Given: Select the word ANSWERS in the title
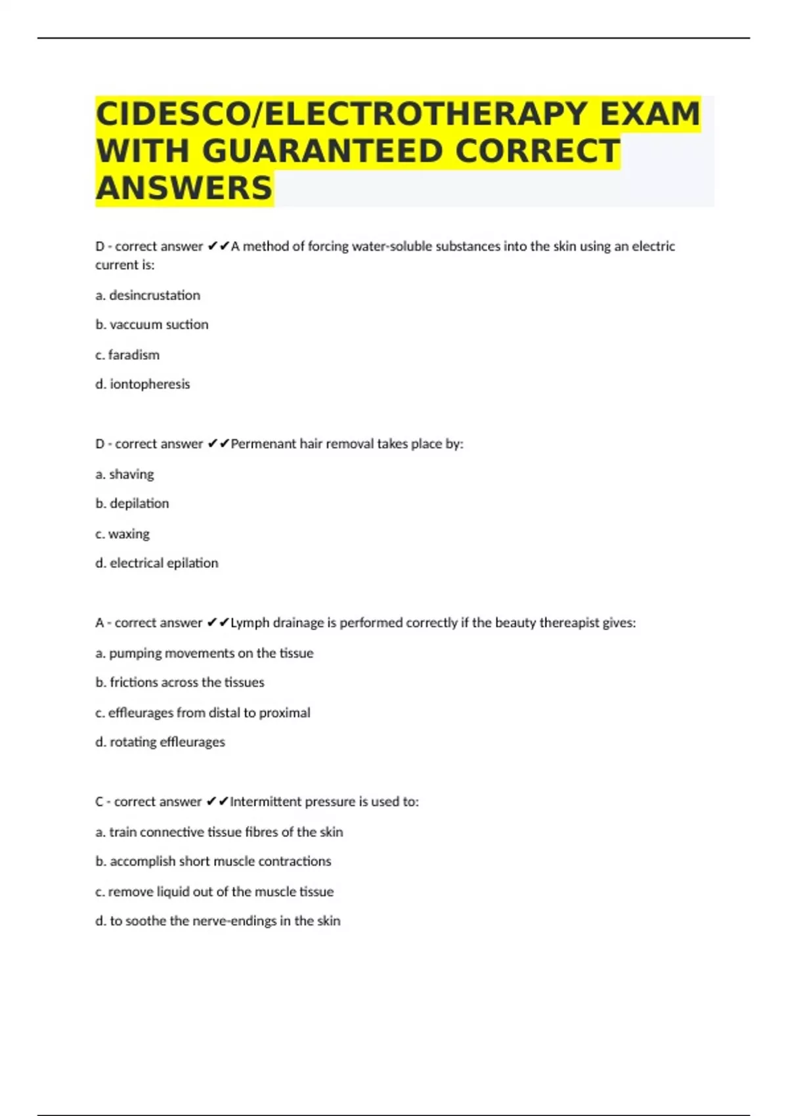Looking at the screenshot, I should (x=184, y=188).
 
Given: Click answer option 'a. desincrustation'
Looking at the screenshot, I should (x=148, y=295).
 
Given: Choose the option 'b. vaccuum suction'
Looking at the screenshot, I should (x=152, y=324).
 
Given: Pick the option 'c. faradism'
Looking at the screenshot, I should (x=127, y=354).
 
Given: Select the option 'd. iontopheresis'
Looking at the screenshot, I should (x=142, y=384).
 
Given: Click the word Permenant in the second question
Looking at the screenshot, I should (x=263, y=444).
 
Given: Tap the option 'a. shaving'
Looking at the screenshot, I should (x=125, y=474).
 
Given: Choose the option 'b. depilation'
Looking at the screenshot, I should (x=132, y=504).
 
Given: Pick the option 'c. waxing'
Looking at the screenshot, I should (x=122, y=534).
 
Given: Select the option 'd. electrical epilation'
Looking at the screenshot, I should (x=157, y=563).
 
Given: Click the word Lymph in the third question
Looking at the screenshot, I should (x=249, y=623).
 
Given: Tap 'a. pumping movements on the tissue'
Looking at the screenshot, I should (x=204, y=653).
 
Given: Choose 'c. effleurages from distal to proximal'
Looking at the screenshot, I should (x=203, y=713).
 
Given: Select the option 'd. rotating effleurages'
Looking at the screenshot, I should (x=160, y=742).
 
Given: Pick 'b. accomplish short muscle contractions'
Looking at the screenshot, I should (x=213, y=861).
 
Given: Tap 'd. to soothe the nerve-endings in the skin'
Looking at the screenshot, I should (x=218, y=921).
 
